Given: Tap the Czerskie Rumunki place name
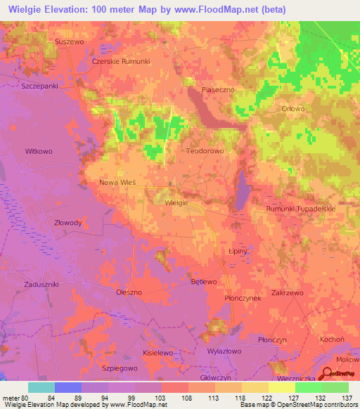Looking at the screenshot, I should [x=121, y=61].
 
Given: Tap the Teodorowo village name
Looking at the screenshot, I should [x=205, y=150].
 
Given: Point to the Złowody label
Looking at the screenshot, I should [x=68, y=223].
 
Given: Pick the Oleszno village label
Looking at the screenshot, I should [x=129, y=291].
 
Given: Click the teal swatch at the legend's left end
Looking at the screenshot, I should [x=41, y=388].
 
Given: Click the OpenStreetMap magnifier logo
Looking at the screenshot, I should [x=328, y=376].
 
